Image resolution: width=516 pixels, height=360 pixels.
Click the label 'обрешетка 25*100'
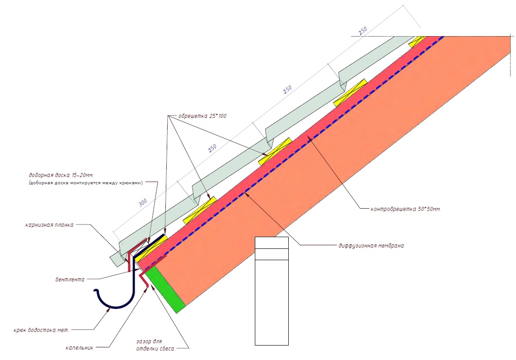[202, 116]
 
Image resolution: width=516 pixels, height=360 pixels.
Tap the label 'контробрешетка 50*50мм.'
[405, 209]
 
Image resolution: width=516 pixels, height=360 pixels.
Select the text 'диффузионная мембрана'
[371, 245]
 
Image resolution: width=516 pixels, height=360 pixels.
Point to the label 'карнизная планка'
[49, 225]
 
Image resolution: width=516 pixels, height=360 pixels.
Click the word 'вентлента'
[70, 280]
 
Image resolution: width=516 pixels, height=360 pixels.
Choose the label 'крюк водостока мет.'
[42, 330]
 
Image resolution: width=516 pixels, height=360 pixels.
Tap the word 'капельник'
[80, 347]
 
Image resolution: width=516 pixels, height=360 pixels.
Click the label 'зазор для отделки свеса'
[155, 345]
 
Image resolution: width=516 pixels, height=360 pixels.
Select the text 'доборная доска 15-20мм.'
[61, 175]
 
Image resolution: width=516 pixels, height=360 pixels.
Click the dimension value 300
[142, 203]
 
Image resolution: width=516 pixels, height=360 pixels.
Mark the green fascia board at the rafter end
[165, 290]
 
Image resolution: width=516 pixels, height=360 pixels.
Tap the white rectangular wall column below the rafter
[272, 291]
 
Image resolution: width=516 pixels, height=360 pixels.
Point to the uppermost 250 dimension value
[362, 31]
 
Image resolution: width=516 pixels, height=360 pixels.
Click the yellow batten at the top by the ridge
[417, 42]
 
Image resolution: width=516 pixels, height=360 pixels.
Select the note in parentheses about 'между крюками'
[85, 182]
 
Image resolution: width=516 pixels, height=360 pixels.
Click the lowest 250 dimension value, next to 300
[212, 149]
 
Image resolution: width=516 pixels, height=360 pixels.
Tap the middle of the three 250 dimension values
[287, 90]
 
